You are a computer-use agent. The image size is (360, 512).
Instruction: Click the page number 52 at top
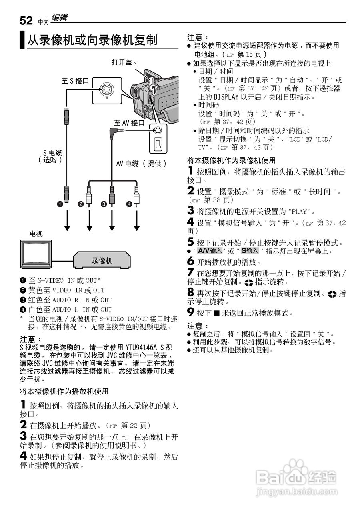[x=26, y=20]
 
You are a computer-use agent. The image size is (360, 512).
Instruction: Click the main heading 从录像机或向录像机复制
[x=92, y=40]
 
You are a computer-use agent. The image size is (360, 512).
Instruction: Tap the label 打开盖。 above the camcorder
[x=124, y=62]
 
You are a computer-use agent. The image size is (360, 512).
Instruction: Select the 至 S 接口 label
[x=75, y=81]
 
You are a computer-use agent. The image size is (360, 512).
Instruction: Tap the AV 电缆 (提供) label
[x=141, y=163]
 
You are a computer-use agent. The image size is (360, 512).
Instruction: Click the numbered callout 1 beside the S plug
[x=60, y=205]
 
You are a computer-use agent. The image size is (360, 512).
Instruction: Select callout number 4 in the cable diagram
[x=129, y=205]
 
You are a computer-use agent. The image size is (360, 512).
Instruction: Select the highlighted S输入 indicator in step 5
[x=250, y=251]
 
